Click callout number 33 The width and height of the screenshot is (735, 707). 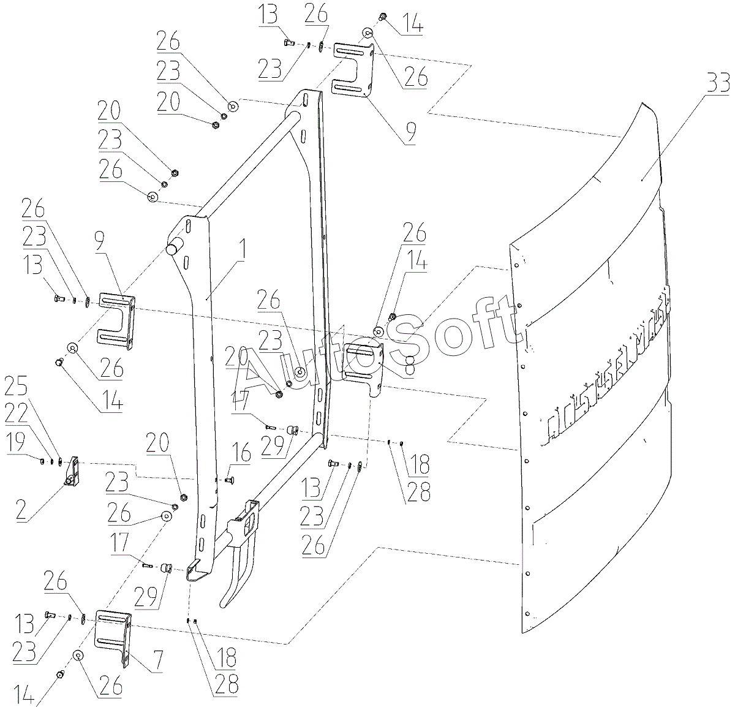(717, 82)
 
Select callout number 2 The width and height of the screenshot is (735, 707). (22, 511)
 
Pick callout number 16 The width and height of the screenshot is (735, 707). (242, 454)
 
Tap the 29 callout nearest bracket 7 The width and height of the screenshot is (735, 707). (147, 594)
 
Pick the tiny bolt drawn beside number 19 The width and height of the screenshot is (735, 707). (43, 460)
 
